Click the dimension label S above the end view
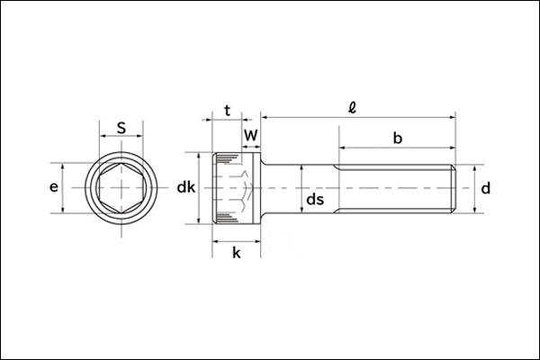coord(121,129)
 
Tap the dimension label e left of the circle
coord(54,188)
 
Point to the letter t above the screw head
coord(227,111)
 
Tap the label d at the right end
coord(485,188)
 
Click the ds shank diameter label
coord(314,200)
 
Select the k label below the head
coord(236,253)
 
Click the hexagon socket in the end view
coord(121,188)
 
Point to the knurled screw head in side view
coord(236,188)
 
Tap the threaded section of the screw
coord(396,188)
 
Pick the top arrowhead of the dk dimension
coord(198,154)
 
